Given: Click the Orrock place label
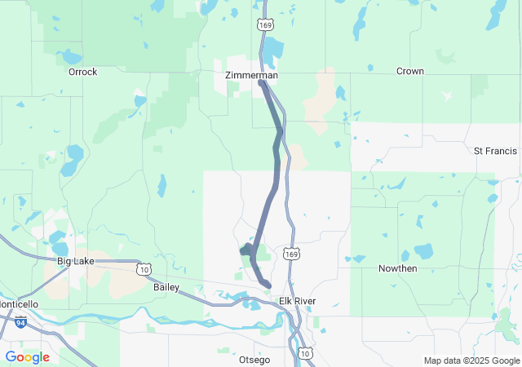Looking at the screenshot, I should point(82,72).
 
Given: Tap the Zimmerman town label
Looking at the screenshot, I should point(251,75).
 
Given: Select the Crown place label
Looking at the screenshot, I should point(409,71).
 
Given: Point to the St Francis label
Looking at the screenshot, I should point(495,151).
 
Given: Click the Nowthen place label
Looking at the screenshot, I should point(398,268).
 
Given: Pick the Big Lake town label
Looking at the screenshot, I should point(76,261).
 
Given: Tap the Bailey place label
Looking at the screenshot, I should point(166,287).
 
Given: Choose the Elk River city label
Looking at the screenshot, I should point(297,301).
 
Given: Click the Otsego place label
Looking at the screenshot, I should point(254,359).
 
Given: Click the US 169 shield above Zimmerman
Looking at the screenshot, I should point(264,25).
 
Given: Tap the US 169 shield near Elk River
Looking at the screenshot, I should point(290,254).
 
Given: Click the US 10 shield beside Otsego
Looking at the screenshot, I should point(305,352).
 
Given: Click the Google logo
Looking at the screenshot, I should point(27,357).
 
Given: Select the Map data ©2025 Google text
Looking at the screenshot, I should point(471,360).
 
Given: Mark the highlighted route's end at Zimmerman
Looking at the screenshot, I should point(260,82).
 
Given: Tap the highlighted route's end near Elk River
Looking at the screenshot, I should point(268,284).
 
